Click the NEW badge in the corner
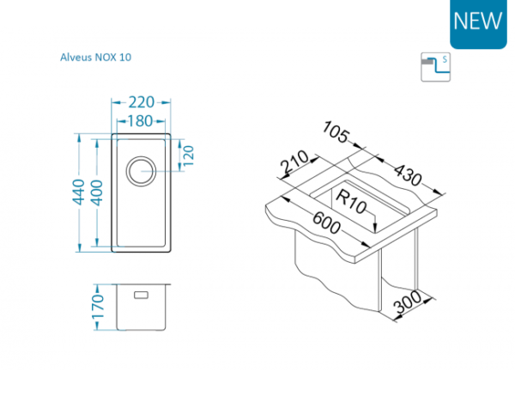[478, 23]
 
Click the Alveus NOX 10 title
[95, 58]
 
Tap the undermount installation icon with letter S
[435, 67]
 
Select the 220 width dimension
[142, 102]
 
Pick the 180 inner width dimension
[140, 121]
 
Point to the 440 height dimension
[79, 192]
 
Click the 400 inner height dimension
[97, 192]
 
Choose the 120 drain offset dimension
[188, 156]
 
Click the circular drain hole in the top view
[142, 171]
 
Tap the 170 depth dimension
[98, 308]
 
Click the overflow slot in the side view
[142, 295]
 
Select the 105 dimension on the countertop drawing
[335, 131]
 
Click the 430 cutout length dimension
[407, 174]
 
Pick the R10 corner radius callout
[351, 202]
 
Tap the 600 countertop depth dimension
[326, 223]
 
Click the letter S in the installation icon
[445, 59]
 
